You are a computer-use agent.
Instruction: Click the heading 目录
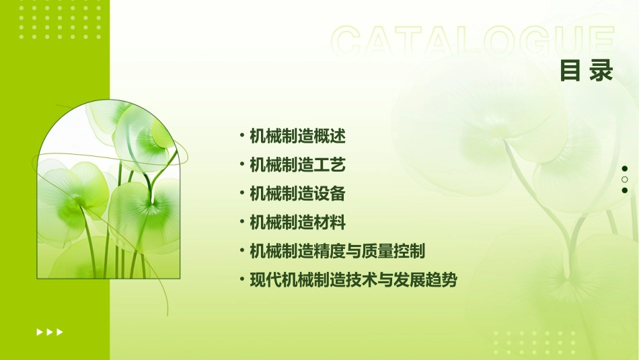[x=587, y=71]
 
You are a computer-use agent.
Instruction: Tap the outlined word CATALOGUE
[x=473, y=42]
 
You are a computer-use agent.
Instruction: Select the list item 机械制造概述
[x=297, y=136]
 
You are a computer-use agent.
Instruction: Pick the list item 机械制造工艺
[x=297, y=165]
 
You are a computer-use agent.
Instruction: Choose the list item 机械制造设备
[x=297, y=194]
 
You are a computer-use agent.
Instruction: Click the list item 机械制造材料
[x=297, y=222]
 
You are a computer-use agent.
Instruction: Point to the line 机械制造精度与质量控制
[x=337, y=251]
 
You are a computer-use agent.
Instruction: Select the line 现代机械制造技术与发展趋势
[x=353, y=280]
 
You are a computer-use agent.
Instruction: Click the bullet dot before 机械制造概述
[x=241, y=136]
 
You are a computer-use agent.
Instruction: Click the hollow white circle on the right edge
[x=625, y=180]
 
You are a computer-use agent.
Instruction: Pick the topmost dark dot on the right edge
[x=625, y=169]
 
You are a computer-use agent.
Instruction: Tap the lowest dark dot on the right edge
[x=625, y=190]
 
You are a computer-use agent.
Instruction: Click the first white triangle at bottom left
[x=40, y=332]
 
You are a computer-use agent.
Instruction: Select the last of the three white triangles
[x=60, y=332]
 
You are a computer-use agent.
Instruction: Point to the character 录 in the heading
[x=601, y=71]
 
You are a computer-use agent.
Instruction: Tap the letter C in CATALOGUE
[x=349, y=42]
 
